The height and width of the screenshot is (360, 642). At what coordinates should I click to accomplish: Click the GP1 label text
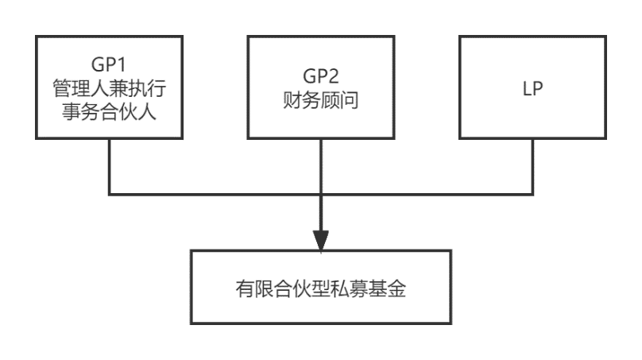[x=109, y=64]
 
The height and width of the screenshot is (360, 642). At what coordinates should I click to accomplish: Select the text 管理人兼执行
[x=110, y=88]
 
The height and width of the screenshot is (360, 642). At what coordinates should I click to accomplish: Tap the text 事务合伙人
[x=110, y=112]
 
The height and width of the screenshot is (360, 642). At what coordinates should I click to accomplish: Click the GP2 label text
[x=320, y=76]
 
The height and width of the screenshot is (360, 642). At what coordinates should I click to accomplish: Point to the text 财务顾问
[x=320, y=100]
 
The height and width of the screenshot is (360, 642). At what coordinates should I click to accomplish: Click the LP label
[x=532, y=88]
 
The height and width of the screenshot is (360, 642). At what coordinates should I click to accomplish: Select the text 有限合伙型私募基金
[x=320, y=288]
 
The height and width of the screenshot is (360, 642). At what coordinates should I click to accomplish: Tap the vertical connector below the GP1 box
[x=110, y=166]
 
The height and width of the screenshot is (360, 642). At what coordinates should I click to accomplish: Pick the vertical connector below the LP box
[x=532, y=166]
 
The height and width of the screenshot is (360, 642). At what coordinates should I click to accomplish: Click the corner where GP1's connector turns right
[x=110, y=194]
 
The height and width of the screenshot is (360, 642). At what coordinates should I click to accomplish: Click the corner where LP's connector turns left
[x=532, y=194]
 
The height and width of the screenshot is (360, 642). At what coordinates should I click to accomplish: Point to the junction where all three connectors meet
[x=320, y=194]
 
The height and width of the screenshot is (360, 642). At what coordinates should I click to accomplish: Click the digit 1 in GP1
[x=122, y=64]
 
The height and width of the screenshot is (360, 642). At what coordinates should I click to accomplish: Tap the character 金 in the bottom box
[x=396, y=288]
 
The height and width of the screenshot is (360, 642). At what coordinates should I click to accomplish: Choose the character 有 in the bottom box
[x=245, y=288]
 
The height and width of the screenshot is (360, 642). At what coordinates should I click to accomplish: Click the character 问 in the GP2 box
[x=350, y=100]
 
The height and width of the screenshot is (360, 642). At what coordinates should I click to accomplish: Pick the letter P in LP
[x=538, y=88]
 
